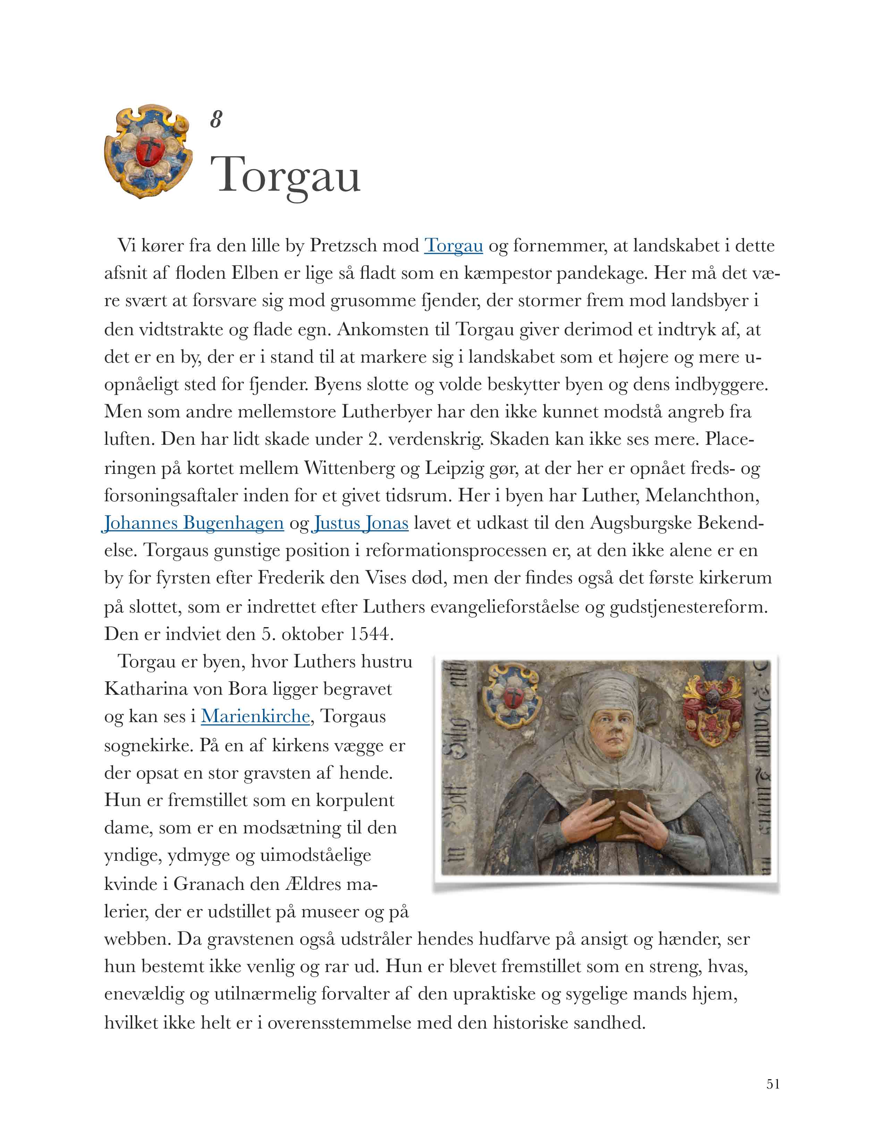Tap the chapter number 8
tap(216, 120)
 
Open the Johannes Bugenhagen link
tap(193, 523)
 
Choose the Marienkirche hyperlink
tap(255, 716)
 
